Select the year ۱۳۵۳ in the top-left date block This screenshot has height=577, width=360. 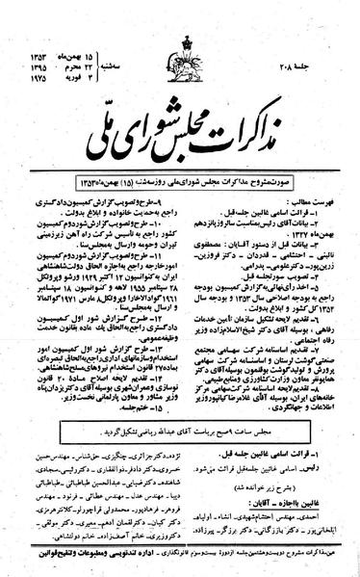23,19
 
